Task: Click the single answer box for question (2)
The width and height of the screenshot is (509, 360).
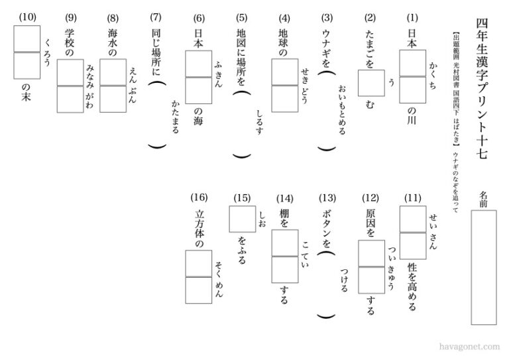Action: tap(371, 84)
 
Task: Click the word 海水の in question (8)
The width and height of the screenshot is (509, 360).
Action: tap(113, 44)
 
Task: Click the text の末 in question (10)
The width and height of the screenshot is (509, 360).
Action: tap(27, 95)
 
